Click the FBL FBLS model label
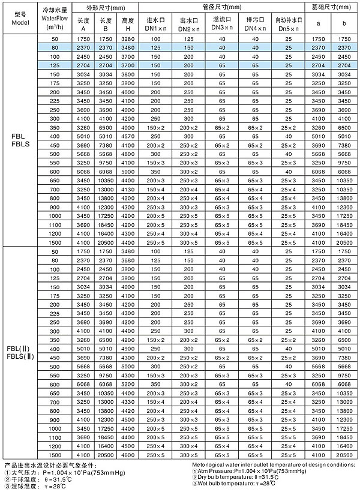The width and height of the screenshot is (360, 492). pos(17,140)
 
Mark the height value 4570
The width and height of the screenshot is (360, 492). pos(127,136)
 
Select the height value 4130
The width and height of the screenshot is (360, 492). pos(127,189)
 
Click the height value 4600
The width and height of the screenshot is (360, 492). pos(127,455)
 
